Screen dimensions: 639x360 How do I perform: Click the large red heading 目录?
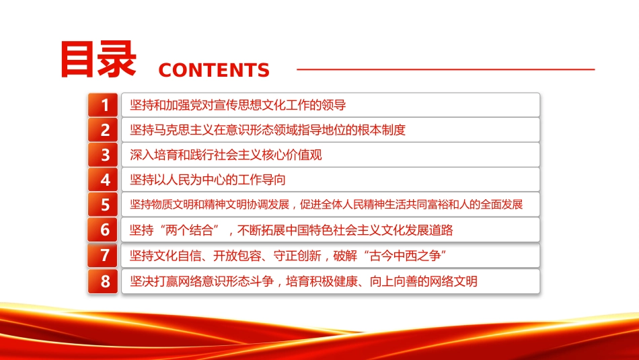(x=98, y=59)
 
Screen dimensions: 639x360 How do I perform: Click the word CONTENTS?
(x=214, y=70)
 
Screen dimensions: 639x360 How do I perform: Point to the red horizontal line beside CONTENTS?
(x=446, y=69)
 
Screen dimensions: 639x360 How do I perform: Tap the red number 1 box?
(x=103, y=105)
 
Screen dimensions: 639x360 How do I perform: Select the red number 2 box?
(x=103, y=130)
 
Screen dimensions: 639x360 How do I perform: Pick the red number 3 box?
(x=103, y=155)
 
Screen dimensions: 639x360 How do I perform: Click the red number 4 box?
(x=103, y=180)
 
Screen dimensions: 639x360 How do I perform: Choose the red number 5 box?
(x=103, y=205)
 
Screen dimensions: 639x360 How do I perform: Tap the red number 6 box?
(x=103, y=229)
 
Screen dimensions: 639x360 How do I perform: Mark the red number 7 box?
(x=103, y=255)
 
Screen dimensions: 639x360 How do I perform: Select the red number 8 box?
(x=103, y=281)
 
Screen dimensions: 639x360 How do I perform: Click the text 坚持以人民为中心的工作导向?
(x=208, y=180)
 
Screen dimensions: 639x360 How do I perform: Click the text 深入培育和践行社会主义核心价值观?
(x=226, y=155)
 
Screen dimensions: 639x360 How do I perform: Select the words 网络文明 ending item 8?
(x=453, y=281)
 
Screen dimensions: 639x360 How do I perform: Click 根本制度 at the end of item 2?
(x=382, y=130)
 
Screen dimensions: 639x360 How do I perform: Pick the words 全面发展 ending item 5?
(x=501, y=205)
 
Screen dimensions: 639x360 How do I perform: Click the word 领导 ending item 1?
(x=334, y=105)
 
